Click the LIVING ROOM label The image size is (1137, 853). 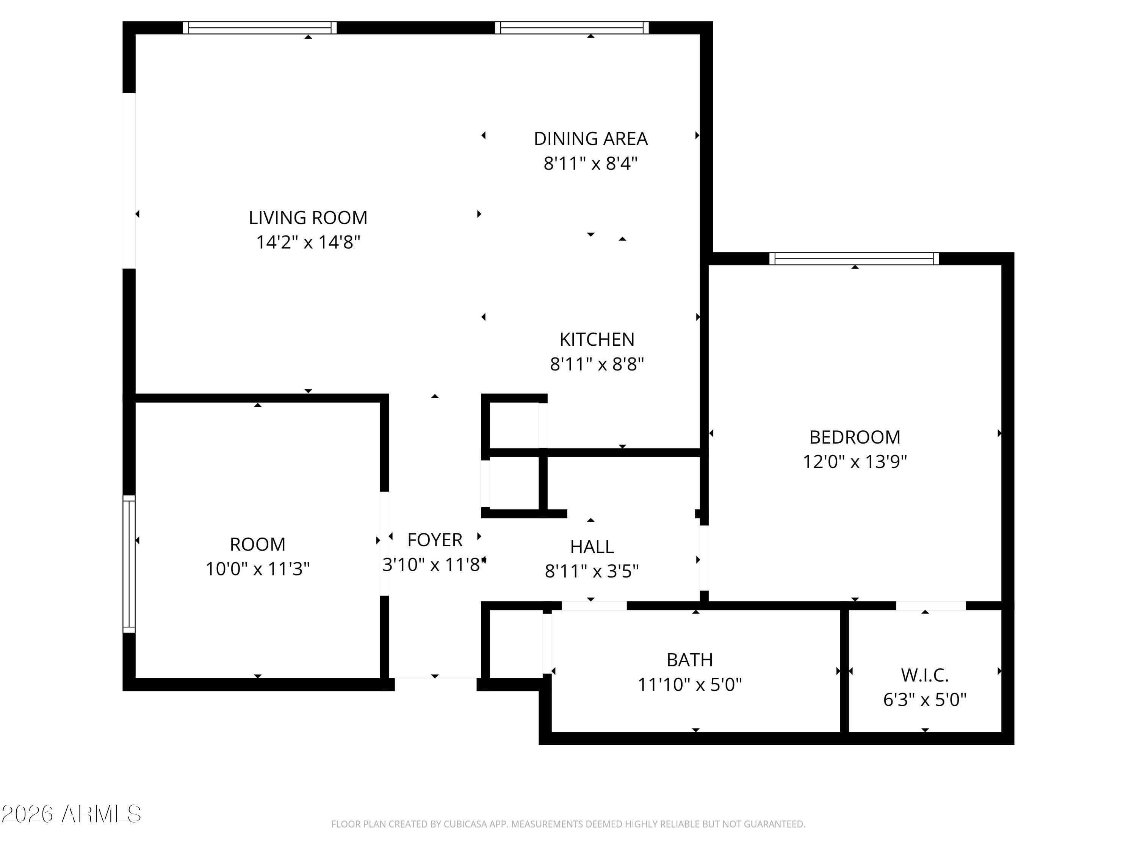[x=308, y=218]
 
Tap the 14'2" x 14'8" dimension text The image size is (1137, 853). [x=308, y=242]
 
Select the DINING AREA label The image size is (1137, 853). [x=590, y=139]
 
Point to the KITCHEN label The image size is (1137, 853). [x=597, y=339]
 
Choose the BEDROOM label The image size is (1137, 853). [x=854, y=437]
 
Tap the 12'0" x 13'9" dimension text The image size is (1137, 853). [x=854, y=462]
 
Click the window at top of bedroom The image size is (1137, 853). [x=854, y=259]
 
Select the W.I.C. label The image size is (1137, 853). [x=924, y=675]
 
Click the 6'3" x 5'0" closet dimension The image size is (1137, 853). [x=924, y=700]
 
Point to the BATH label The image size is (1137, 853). [x=689, y=660]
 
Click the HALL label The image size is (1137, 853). [x=592, y=547]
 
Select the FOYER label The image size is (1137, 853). [x=435, y=540]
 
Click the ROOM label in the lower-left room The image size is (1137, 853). [x=257, y=544]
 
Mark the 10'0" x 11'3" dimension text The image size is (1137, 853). [x=257, y=569]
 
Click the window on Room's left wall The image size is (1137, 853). [x=129, y=564]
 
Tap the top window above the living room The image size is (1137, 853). [x=260, y=28]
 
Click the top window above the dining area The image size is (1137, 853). [x=572, y=28]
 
